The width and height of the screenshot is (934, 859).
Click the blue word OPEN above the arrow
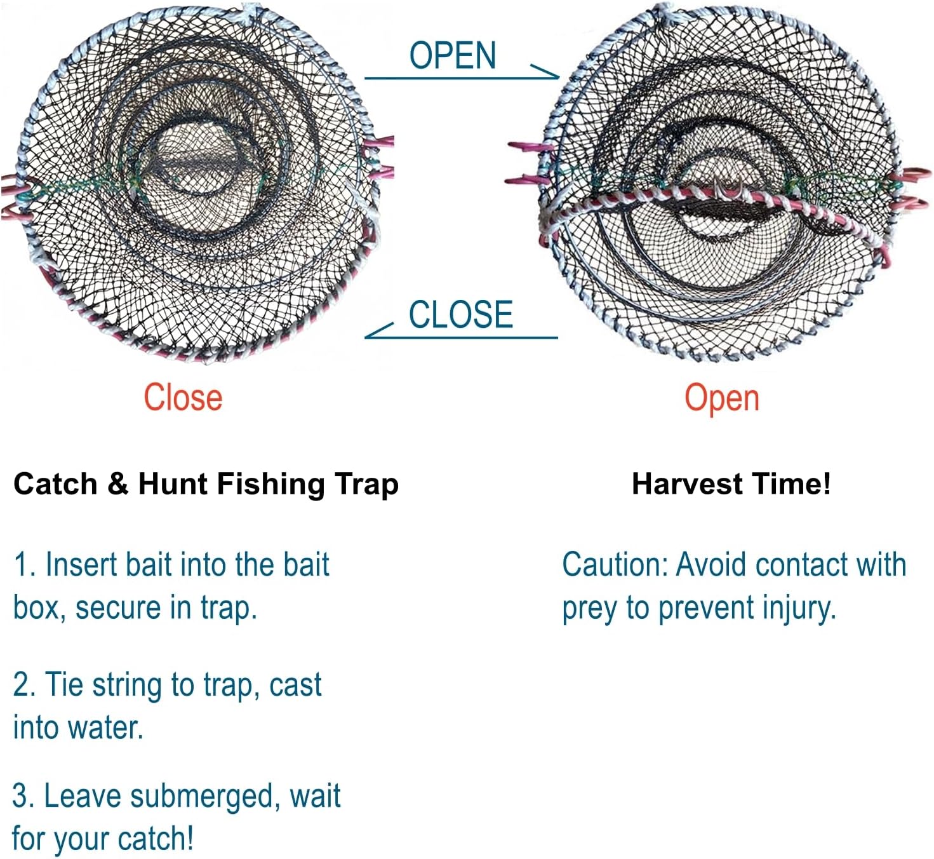(453, 55)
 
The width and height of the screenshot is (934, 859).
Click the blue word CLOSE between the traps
(461, 314)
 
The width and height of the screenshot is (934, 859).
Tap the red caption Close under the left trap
(183, 397)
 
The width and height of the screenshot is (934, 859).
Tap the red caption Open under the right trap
(722, 399)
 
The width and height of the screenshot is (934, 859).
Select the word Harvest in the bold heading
(687, 484)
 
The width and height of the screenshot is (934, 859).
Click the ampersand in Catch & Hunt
(118, 484)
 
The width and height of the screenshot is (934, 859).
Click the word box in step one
(39, 608)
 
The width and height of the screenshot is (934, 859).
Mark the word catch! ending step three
(156, 839)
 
